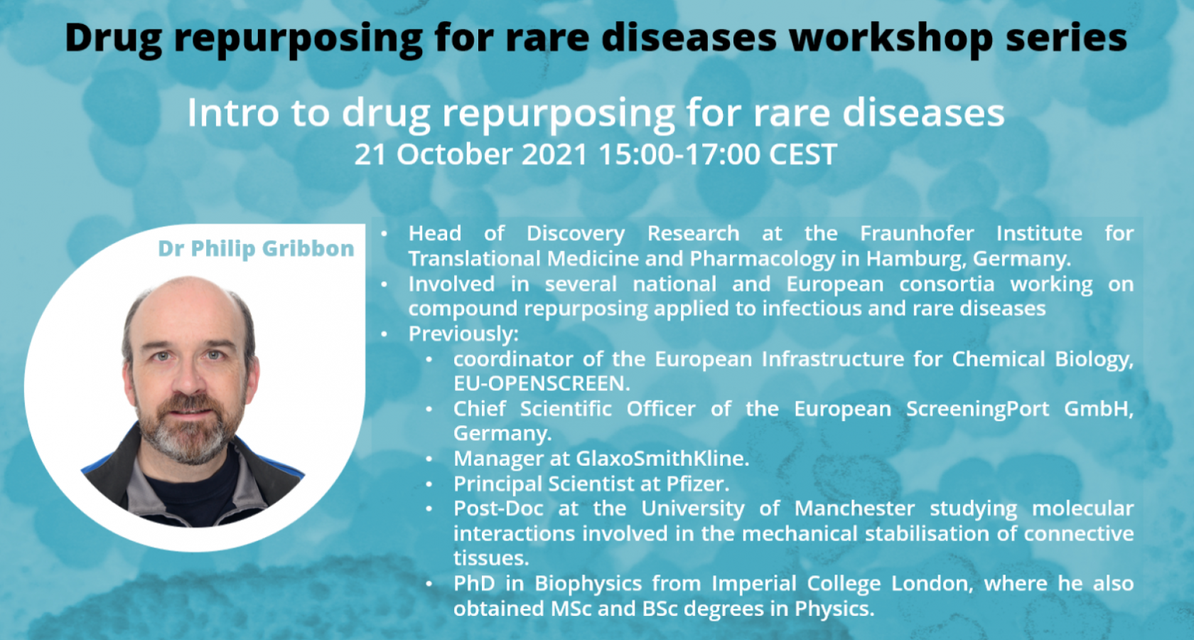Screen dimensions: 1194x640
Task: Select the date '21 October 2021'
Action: (x=470, y=154)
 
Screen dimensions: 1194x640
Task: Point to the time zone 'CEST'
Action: (x=803, y=154)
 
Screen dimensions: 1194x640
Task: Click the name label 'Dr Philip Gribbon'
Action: (x=256, y=249)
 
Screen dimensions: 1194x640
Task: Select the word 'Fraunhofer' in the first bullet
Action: (x=917, y=233)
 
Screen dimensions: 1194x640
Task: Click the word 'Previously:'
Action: (x=463, y=334)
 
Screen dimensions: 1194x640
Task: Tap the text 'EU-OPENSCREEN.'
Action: (x=542, y=383)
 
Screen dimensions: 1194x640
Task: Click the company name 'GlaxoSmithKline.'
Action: (x=662, y=459)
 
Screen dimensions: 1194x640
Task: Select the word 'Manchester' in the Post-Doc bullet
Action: (x=854, y=508)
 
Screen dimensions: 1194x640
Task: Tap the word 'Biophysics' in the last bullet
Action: (x=588, y=584)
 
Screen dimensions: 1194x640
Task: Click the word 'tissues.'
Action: (x=491, y=558)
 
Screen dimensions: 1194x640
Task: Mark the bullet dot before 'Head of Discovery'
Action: (x=384, y=234)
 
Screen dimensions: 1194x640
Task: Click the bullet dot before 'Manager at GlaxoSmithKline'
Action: (x=429, y=459)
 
